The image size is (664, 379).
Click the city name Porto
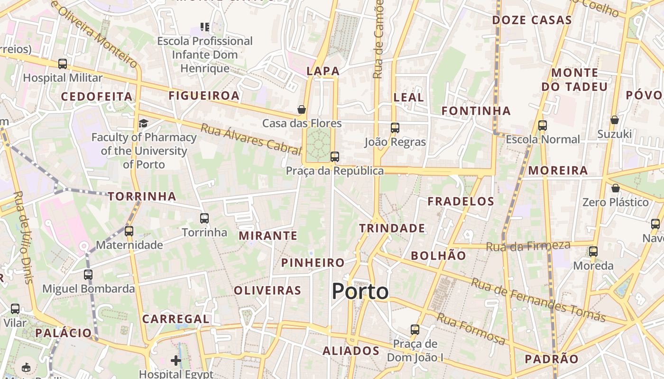(360, 291)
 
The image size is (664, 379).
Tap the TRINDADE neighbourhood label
(392, 228)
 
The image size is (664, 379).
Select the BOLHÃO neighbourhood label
(438, 256)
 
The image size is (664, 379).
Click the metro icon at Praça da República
(335, 156)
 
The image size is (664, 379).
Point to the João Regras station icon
(395, 127)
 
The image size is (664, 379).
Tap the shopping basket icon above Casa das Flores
(302, 110)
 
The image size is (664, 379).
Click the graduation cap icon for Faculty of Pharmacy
(143, 124)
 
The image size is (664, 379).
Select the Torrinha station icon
(204, 218)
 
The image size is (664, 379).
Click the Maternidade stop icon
(129, 231)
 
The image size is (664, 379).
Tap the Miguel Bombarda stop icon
(88, 274)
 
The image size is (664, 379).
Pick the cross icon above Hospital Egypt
(176, 361)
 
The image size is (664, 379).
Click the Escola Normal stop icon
(543, 126)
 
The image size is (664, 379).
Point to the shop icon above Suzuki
(615, 120)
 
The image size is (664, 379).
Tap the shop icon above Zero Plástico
(616, 188)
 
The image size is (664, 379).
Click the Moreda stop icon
(593, 252)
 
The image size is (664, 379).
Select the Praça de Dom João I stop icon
(415, 329)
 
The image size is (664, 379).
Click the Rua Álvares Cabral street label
(251, 139)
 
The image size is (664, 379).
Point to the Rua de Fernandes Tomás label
(538, 300)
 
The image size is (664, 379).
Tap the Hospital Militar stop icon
(63, 64)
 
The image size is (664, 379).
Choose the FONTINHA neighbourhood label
(476, 111)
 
